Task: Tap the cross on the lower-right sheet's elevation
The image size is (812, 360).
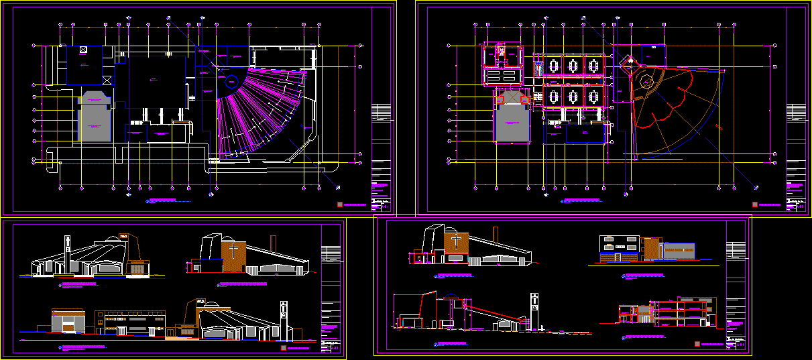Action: [x=457, y=241]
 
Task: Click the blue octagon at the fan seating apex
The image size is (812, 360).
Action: [x=231, y=82]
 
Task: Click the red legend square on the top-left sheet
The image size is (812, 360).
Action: [x=340, y=204]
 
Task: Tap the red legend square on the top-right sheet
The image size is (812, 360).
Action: [x=756, y=204]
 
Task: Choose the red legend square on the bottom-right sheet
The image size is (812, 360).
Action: [x=697, y=344]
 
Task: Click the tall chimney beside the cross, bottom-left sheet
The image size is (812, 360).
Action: [x=272, y=243]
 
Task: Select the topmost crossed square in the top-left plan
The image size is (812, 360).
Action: [x=82, y=50]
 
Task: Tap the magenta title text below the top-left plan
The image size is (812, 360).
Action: [x=168, y=200]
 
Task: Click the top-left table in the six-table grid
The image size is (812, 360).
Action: [x=553, y=66]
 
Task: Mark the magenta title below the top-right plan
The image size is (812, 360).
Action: [x=583, y=200]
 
